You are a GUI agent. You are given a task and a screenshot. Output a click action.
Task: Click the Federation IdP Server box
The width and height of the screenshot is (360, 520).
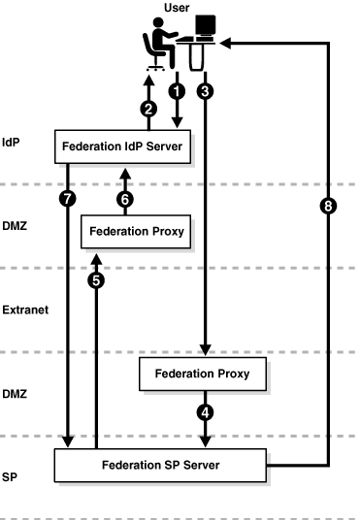[x=122, y=146]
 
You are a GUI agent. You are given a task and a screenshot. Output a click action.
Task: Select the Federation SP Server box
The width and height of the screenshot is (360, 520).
[x=160, y=465]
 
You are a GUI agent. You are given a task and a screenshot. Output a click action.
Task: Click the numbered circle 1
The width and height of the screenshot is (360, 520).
[x=177, y=89]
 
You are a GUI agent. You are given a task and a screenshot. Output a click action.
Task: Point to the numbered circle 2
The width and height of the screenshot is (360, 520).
[x=148, y=109]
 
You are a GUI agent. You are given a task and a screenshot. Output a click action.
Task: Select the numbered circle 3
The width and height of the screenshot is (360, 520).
[x=205, y=89]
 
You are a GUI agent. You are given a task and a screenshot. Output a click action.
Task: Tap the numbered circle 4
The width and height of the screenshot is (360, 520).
[x=205, y=410]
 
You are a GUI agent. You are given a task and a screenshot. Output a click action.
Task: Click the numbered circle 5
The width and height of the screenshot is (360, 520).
[x=95, y=280]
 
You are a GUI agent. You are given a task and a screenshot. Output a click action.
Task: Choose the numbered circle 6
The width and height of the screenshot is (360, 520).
[x=125, y=198]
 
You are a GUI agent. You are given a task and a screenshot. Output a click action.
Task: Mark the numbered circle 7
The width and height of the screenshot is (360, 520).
[x=67, y=198]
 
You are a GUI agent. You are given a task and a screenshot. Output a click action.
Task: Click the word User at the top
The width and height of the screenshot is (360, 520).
[x=178, y=7]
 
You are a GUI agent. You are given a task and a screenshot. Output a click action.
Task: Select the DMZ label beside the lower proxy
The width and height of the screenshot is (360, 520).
[x=16, y=394]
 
